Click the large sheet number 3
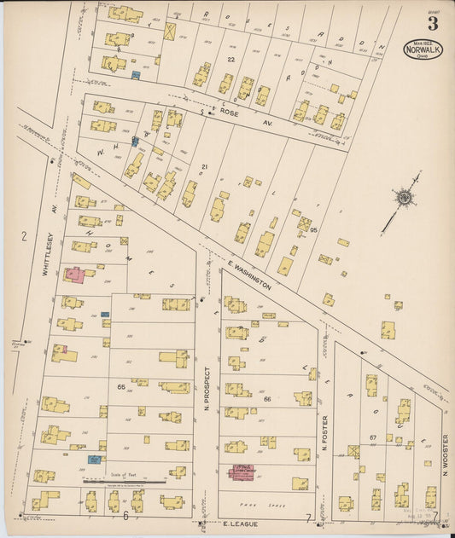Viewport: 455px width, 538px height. point(434,23)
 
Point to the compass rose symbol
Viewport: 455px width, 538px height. point(403,198)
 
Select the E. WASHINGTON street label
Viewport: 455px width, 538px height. point(250,275)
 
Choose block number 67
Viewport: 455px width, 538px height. point(372,437)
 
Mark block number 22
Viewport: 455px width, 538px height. point(230,58)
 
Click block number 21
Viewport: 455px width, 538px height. point(204,166)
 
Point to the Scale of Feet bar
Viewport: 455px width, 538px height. point(124,481)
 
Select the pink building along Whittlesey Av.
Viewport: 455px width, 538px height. point(74,275)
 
